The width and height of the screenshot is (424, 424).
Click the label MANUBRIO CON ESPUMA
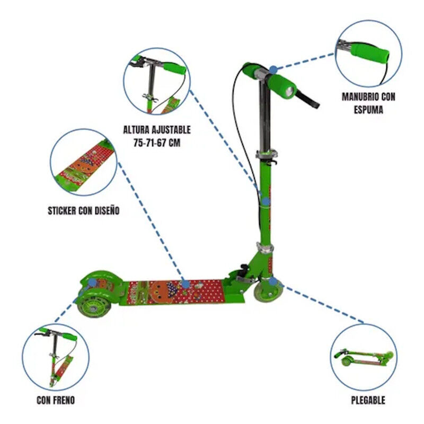[368, 103]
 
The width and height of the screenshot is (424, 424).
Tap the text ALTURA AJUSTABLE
[157, 129]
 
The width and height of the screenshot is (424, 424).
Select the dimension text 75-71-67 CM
[157, 142]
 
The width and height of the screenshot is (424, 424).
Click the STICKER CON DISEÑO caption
[83, 210]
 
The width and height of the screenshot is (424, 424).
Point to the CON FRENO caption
[56, 400]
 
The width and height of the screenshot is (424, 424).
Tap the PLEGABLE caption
[368, 400]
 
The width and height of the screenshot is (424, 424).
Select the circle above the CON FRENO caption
[56, 357]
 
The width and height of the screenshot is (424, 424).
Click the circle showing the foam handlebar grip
[368, 54]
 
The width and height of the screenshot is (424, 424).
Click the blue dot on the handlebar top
[272, 69]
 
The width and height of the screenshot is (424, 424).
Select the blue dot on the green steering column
[266, 201]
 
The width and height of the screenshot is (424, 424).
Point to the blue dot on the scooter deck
[185, 285]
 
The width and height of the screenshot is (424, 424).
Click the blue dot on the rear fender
[93, 283]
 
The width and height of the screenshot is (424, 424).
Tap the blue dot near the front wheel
[272, 281]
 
